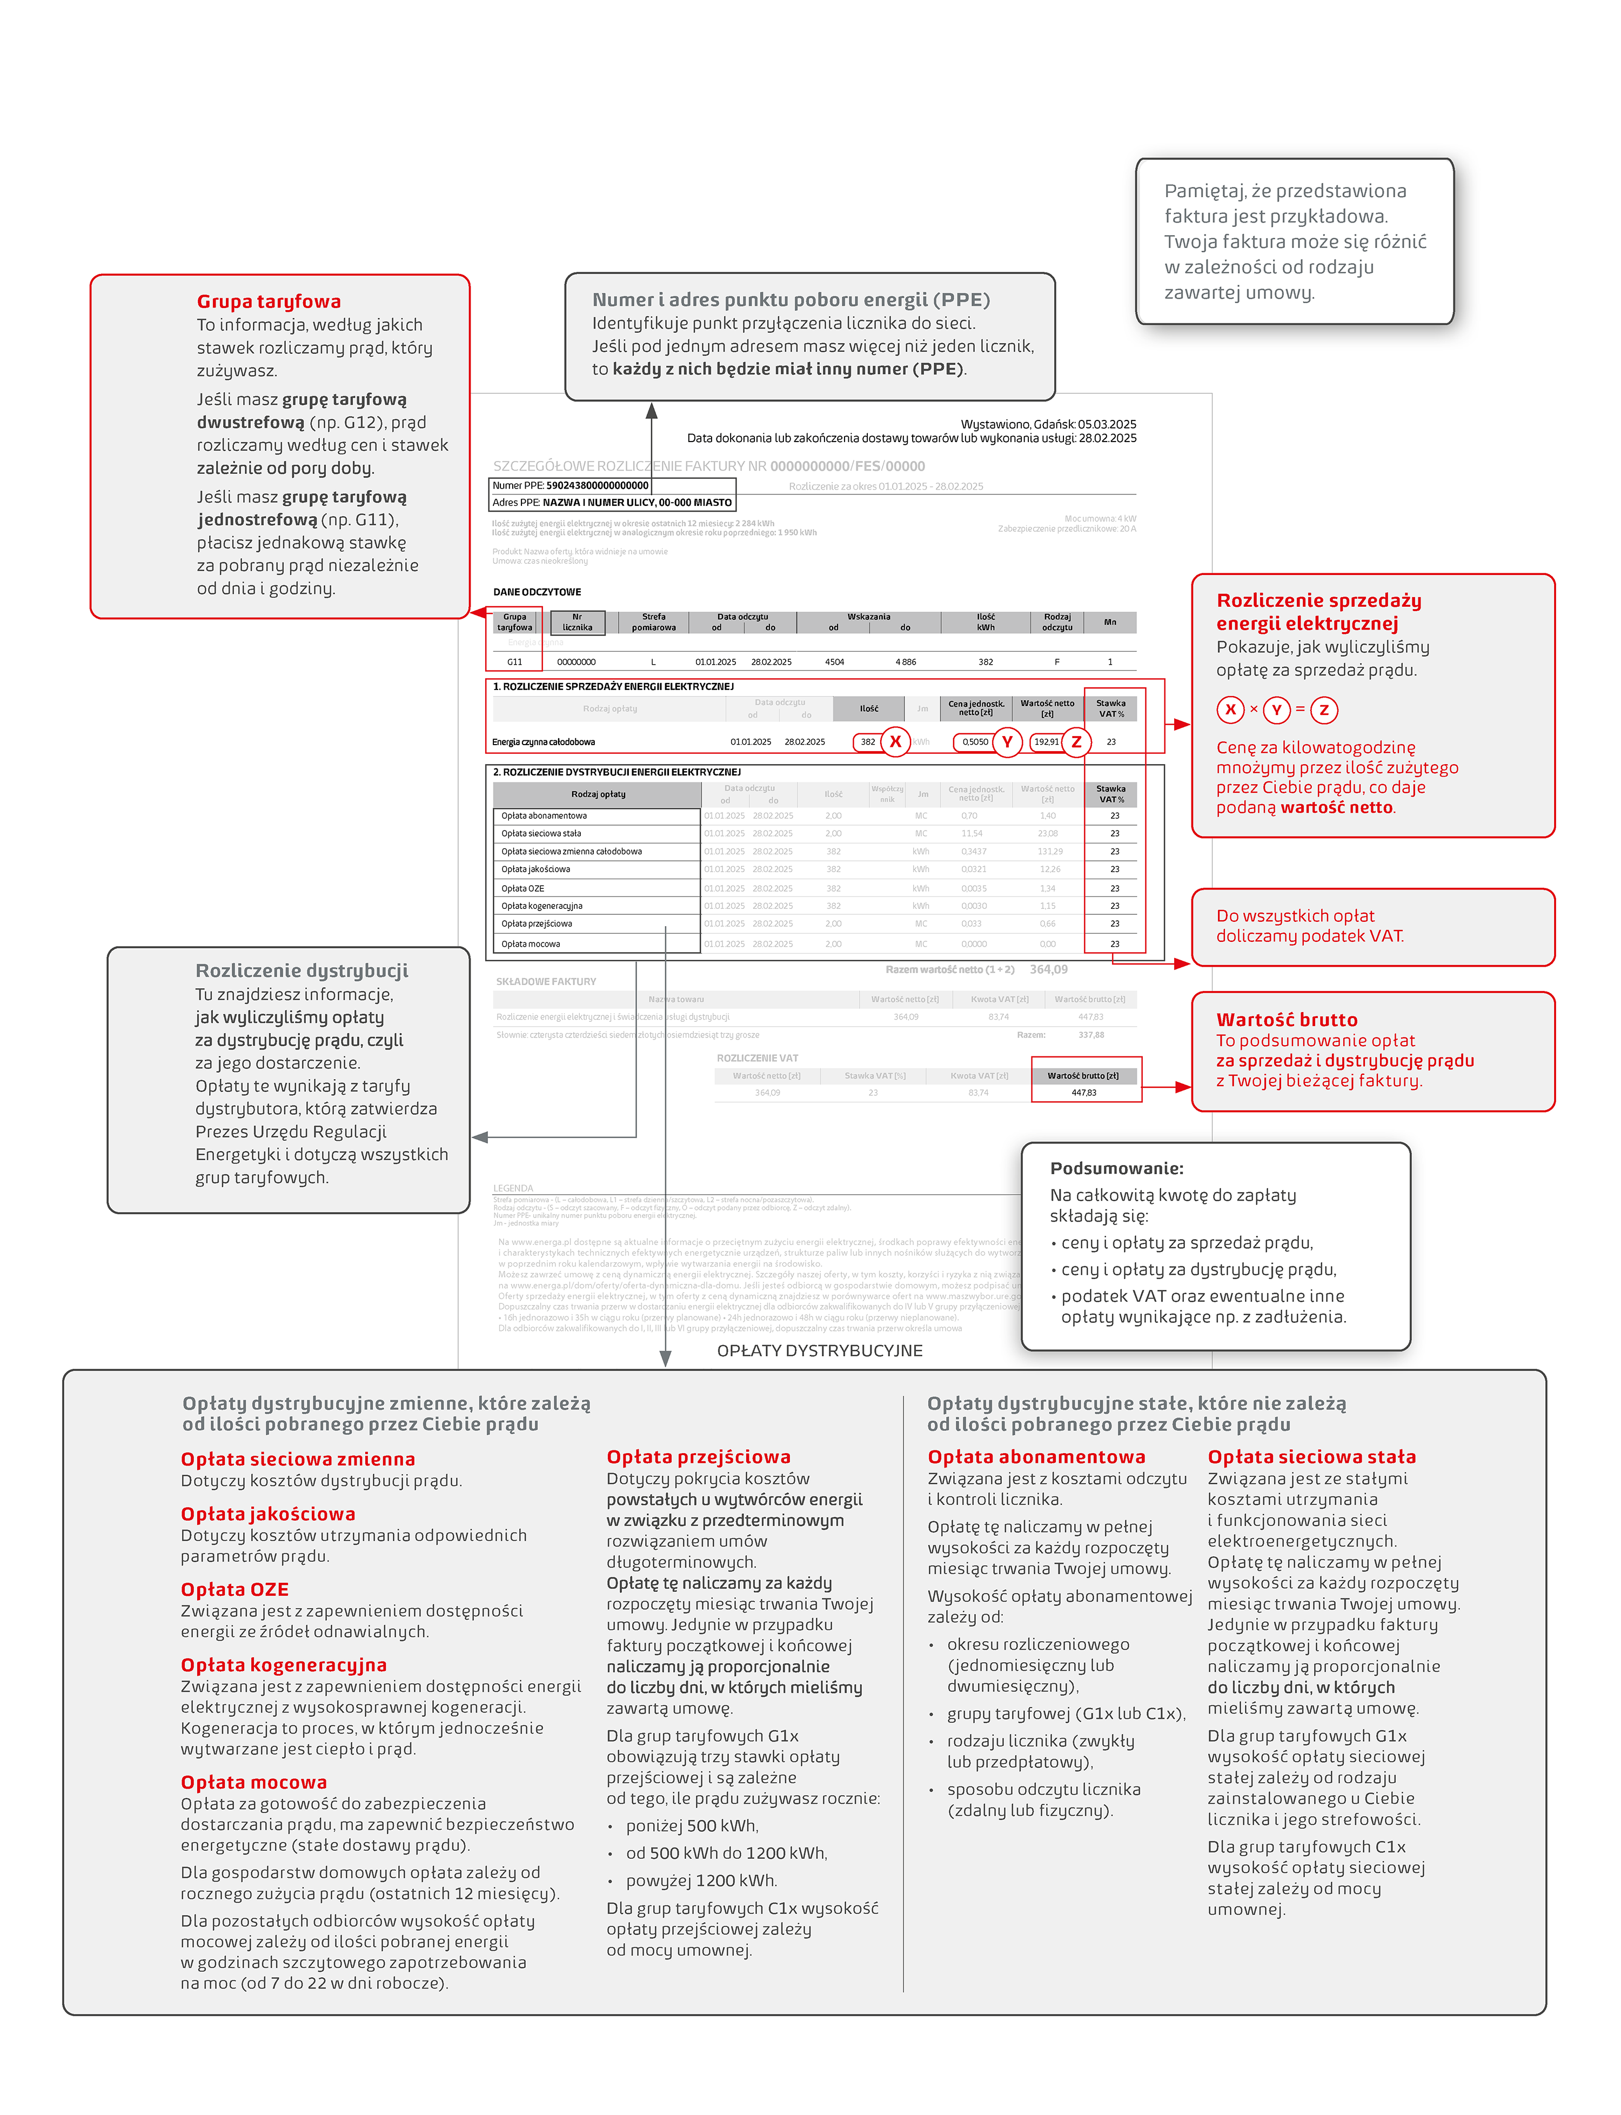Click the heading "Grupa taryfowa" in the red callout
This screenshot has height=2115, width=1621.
(x=268, y=301)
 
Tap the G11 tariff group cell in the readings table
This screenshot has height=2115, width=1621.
(x=514, y=662)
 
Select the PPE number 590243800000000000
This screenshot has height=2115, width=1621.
(x=597, y=485)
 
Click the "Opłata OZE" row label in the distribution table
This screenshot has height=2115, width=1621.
(x=523, y=888)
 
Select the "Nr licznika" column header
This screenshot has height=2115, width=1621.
(x=577, y=623)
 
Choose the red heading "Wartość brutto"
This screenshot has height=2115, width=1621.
(x=1286, y=1020)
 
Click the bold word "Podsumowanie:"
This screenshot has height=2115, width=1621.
(x=1116, y=1168)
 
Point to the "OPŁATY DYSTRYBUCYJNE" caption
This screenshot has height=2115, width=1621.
(x=819, y=1351)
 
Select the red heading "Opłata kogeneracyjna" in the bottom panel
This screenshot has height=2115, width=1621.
(x=284, y=1664)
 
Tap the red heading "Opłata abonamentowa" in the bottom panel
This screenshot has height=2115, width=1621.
(x=1036, y=1457)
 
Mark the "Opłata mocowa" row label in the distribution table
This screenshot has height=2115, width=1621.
(x=531, y=943)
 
